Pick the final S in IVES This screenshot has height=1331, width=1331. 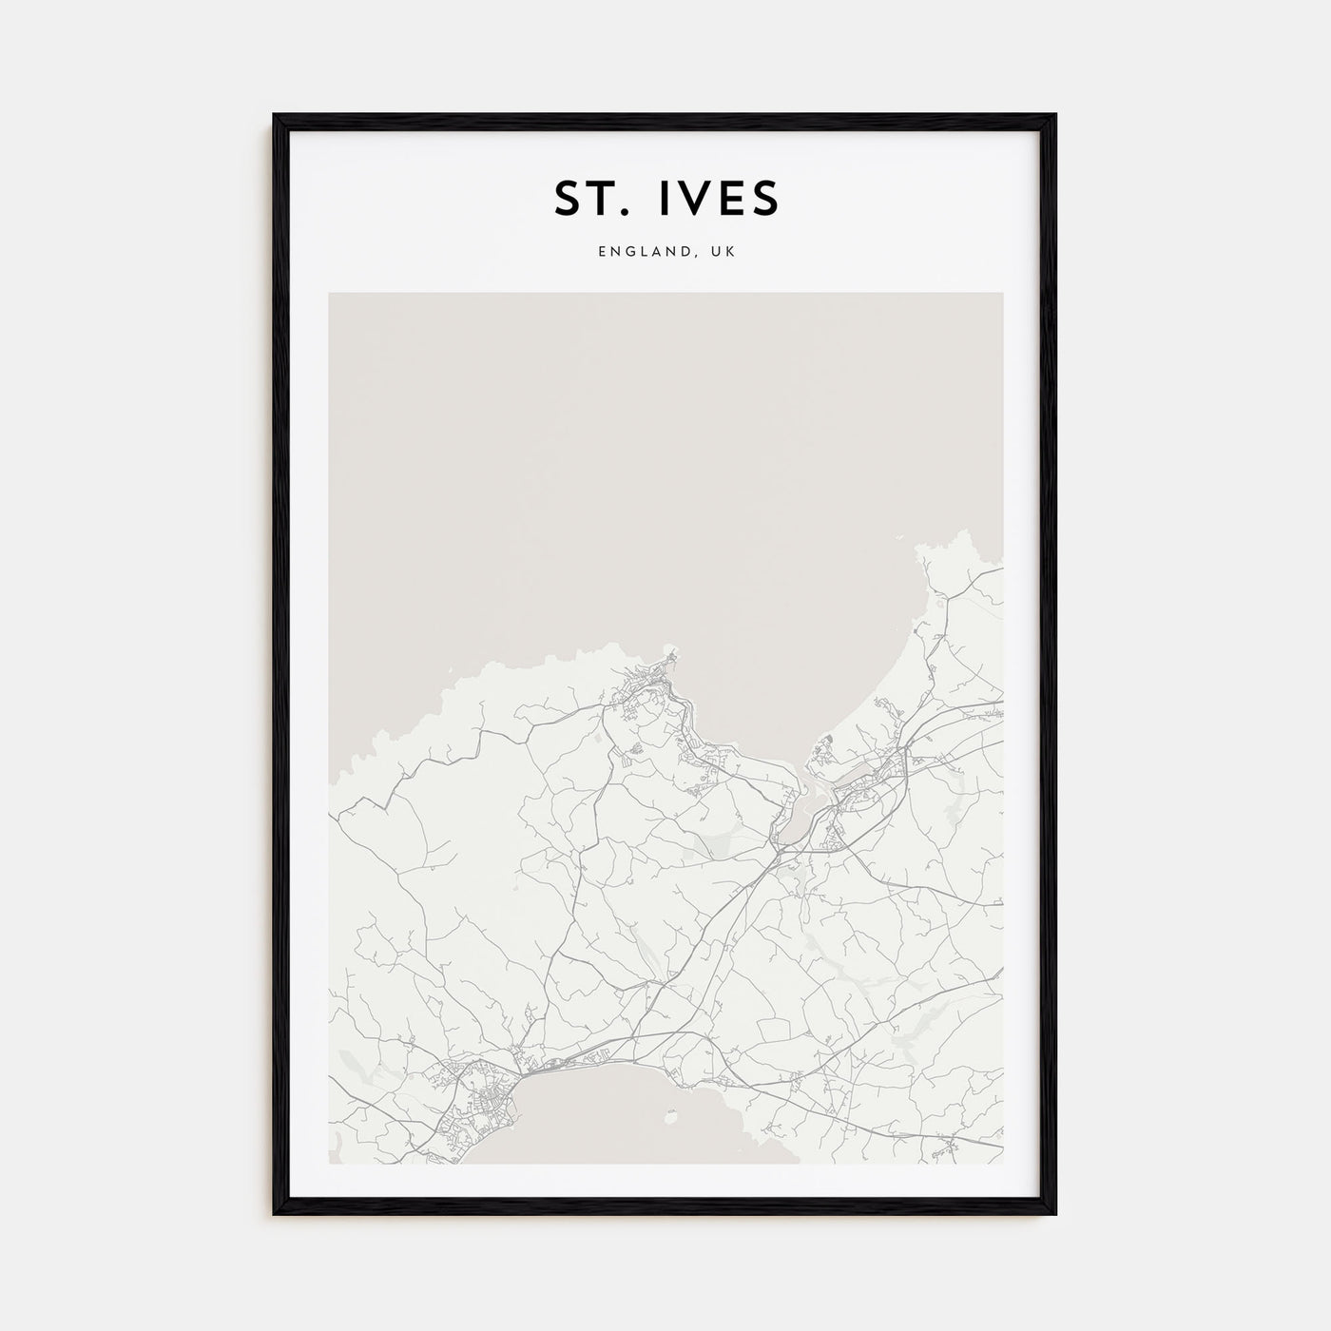coord(766,198)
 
